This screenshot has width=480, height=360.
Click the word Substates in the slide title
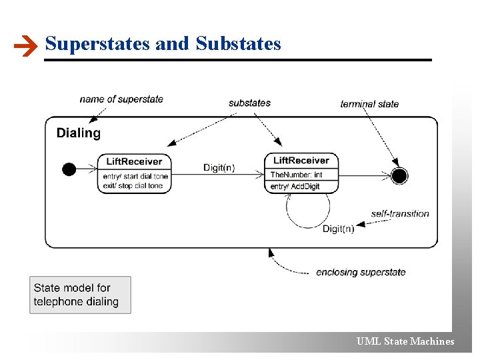click(239, 44)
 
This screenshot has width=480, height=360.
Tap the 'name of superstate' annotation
click(121, 99)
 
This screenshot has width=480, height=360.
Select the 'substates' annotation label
click(249, 103)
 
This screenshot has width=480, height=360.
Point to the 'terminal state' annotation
click(369, 103)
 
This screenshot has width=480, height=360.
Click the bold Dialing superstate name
click(79, 133)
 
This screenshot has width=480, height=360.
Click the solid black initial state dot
click(69, 169)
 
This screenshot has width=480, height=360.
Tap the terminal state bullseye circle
click(399, 176)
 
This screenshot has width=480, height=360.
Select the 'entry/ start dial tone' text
click(136, 177)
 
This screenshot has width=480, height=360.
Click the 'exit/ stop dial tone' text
click(133, 186)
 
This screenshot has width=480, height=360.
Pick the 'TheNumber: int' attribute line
click(296, 175)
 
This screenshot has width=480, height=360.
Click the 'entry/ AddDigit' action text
click(295, 187)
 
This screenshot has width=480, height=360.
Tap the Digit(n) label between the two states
click(219, 167)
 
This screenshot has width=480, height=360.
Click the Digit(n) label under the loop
click(338, 229)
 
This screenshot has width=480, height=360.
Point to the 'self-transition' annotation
click(400, 213)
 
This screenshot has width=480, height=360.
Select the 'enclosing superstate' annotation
click(361, 272)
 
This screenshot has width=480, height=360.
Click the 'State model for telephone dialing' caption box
click(80, 295)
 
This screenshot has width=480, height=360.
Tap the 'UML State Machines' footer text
click(405, 341)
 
